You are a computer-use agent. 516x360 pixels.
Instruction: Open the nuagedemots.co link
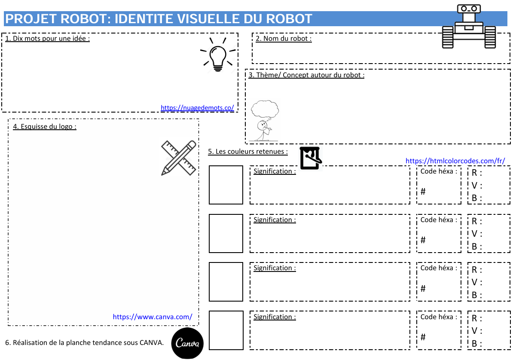197,107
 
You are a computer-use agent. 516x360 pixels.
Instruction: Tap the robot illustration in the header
469,26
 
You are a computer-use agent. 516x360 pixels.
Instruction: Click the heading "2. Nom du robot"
284,39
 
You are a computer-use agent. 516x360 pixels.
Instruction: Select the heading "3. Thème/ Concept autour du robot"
306,75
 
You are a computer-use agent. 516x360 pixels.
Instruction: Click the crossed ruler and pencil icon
179,158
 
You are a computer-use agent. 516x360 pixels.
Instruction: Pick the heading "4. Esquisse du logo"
44,126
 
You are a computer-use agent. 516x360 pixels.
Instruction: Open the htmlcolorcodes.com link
455,161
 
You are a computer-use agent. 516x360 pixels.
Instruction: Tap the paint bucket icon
311,158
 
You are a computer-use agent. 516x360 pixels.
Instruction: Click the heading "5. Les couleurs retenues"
248,152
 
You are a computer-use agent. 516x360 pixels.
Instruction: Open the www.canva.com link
153,317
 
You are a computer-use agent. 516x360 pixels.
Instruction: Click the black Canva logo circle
187,343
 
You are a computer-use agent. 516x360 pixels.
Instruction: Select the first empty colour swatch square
226,185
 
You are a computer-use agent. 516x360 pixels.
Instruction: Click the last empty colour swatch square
226,330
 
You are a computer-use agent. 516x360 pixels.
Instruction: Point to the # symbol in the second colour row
423,240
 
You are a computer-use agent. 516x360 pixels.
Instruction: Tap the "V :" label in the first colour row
476,185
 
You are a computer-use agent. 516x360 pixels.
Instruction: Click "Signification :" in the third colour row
275,268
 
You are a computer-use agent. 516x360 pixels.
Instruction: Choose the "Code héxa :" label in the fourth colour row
439,317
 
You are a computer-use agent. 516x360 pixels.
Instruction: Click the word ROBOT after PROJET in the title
84,19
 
